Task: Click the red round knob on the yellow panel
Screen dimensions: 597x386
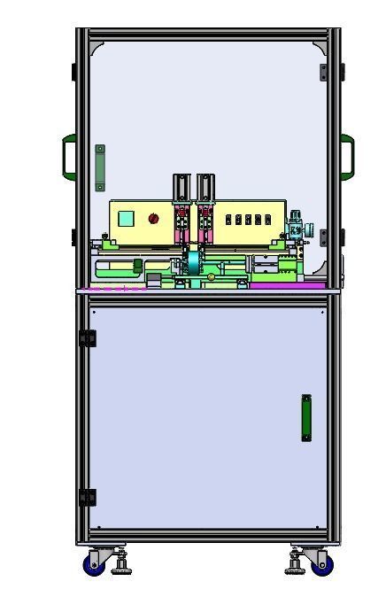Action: tap(153, 219)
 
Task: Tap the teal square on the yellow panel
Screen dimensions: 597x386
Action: tap(125, 219)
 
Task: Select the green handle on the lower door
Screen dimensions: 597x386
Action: tap(306, 417)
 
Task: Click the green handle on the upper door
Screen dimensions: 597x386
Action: tap(100, 167)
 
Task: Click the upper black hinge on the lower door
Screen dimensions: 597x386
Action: tap(88, 338)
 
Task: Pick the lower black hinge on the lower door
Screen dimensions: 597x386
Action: tap(88, 498)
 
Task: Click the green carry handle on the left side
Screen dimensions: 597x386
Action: tap(67, 155)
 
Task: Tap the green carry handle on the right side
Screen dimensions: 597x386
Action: tap(348, 155)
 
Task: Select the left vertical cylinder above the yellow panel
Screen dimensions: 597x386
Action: tap(181, 187)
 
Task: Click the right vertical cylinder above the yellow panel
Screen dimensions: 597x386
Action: tap(205, 187)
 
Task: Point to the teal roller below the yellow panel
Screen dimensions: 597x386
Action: tap(193, 264)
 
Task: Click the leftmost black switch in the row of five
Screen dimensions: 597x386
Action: tap(229, 219)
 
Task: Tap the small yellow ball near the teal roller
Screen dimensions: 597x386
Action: tap(211, 276)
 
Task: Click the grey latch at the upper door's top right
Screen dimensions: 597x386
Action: tap(323, 71)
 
